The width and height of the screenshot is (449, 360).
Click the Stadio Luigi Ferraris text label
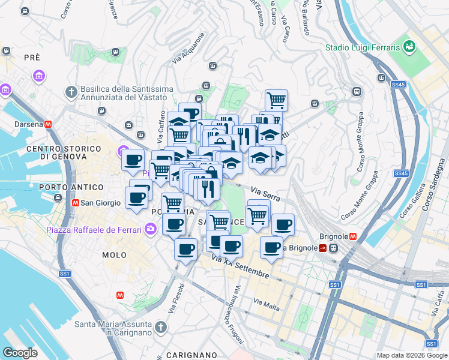pos(363,47)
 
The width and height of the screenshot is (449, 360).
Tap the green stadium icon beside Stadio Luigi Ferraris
pos(410,46)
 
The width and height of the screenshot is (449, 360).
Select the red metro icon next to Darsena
pos(47,124)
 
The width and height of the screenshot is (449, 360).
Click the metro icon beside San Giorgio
pos(76,203)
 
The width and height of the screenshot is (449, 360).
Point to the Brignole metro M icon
pos(354,236)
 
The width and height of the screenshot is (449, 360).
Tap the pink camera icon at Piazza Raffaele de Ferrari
pos(150,229)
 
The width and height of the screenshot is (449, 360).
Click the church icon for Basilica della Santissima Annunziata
pos(71,92)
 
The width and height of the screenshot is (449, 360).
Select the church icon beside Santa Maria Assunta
pos(160,327)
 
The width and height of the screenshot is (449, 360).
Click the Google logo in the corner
pos(20,353)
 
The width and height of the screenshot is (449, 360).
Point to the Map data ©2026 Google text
pos(411,355)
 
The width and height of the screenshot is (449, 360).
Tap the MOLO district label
pos(114,255)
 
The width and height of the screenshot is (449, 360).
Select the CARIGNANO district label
pos(190,355)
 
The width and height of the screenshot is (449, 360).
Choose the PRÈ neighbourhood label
pos(32,58)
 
